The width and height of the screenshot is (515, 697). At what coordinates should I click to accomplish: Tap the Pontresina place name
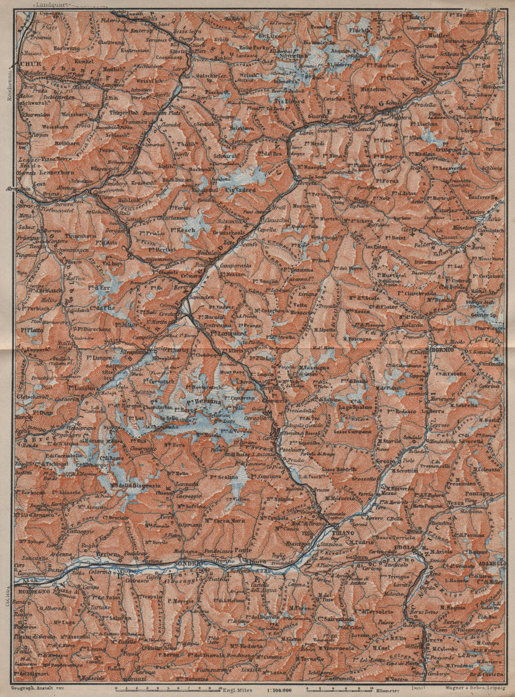[x=214, y=325]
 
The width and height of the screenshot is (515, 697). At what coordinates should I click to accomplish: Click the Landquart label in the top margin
[x=49, y=5]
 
